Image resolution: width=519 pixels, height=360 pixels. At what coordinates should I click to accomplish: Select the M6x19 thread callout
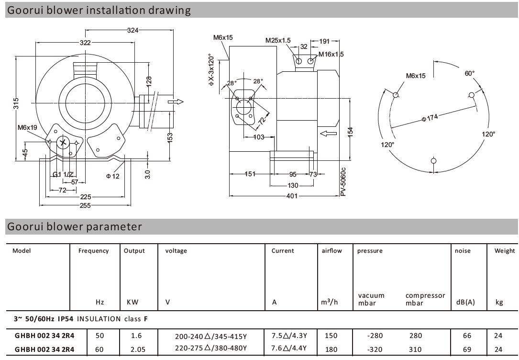tap(27, 128)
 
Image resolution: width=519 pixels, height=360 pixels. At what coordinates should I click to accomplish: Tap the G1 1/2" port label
tap(63, 174)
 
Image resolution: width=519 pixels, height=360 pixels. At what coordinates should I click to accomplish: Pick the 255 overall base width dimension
tap(84, 205)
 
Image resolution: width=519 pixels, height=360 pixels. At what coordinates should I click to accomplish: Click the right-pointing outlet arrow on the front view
tap(176, 101)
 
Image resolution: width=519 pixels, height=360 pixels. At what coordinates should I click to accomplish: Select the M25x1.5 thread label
tap(278, 41)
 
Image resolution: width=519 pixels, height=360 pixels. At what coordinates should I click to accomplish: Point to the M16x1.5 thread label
tap(331, 54)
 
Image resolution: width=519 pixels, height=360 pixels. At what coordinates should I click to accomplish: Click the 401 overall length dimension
tap(292, 196)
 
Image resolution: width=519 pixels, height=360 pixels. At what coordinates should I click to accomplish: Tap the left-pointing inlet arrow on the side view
tap(329, 133)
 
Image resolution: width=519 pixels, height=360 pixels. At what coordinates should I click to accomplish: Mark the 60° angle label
tap(470, 73)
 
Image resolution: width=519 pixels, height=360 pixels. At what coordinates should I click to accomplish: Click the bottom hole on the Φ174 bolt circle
tap(433, 160)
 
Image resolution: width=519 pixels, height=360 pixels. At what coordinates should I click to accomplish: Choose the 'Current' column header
tap(283, 251)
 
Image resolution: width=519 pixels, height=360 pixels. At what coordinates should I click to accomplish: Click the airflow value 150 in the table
tap(331, 336)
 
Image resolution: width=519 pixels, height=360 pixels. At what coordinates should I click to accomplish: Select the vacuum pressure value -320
tap(375, 349)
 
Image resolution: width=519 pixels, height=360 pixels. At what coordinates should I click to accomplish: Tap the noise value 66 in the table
tap(462, 336)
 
